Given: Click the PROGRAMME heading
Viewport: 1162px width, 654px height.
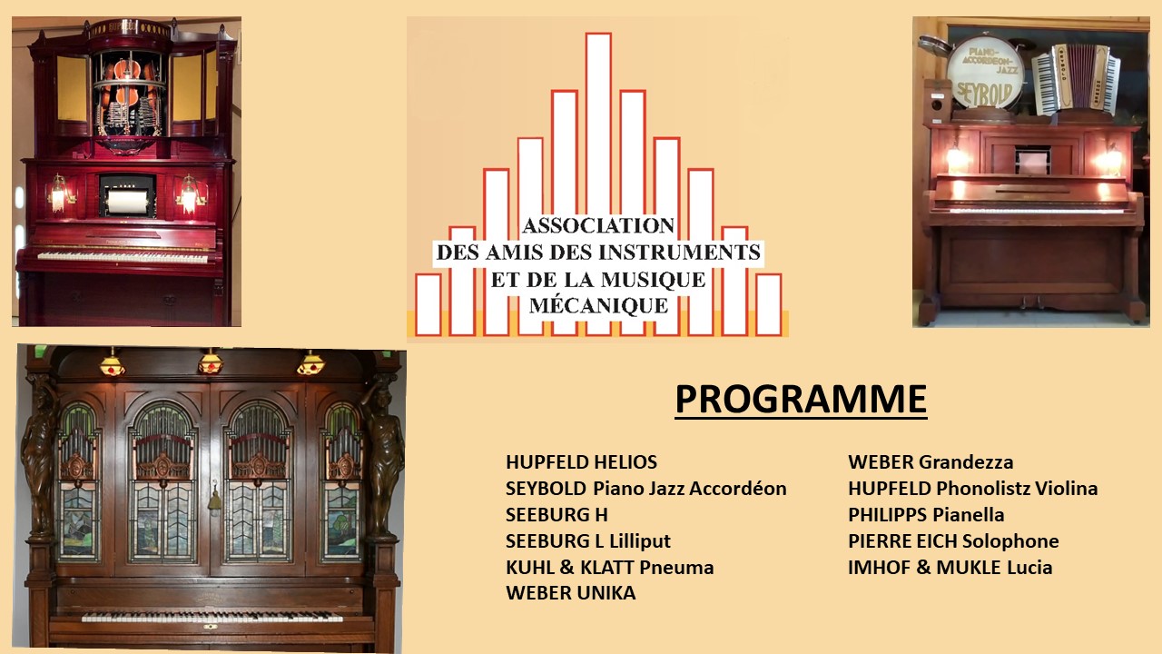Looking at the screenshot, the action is click(801, 399).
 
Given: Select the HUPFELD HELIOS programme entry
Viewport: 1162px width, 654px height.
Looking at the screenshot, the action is click(582, 462).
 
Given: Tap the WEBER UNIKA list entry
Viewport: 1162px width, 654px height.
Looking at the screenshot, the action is click(571, 593).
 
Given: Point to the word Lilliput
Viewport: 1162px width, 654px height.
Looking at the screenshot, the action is click(640, 541).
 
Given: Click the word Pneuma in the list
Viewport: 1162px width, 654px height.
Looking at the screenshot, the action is click(676, 568).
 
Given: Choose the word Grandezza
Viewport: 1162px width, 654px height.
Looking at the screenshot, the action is click(965, 462).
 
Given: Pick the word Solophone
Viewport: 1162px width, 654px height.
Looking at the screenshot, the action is click(1010, 541).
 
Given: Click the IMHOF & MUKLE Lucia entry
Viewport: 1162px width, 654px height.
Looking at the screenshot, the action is click(950, 568).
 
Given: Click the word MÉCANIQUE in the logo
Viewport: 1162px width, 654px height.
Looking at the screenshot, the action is click(598, 306).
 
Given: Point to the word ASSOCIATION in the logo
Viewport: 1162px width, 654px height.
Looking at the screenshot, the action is click(598, 226).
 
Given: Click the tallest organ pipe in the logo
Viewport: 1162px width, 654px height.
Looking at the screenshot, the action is click(598, 124).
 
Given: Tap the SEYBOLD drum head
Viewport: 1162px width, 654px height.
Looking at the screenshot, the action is click(985, 73).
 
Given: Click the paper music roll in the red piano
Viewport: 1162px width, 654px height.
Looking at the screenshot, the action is click(128, 202).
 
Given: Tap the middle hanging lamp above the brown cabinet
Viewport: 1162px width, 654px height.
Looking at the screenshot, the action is click(211, 362).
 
